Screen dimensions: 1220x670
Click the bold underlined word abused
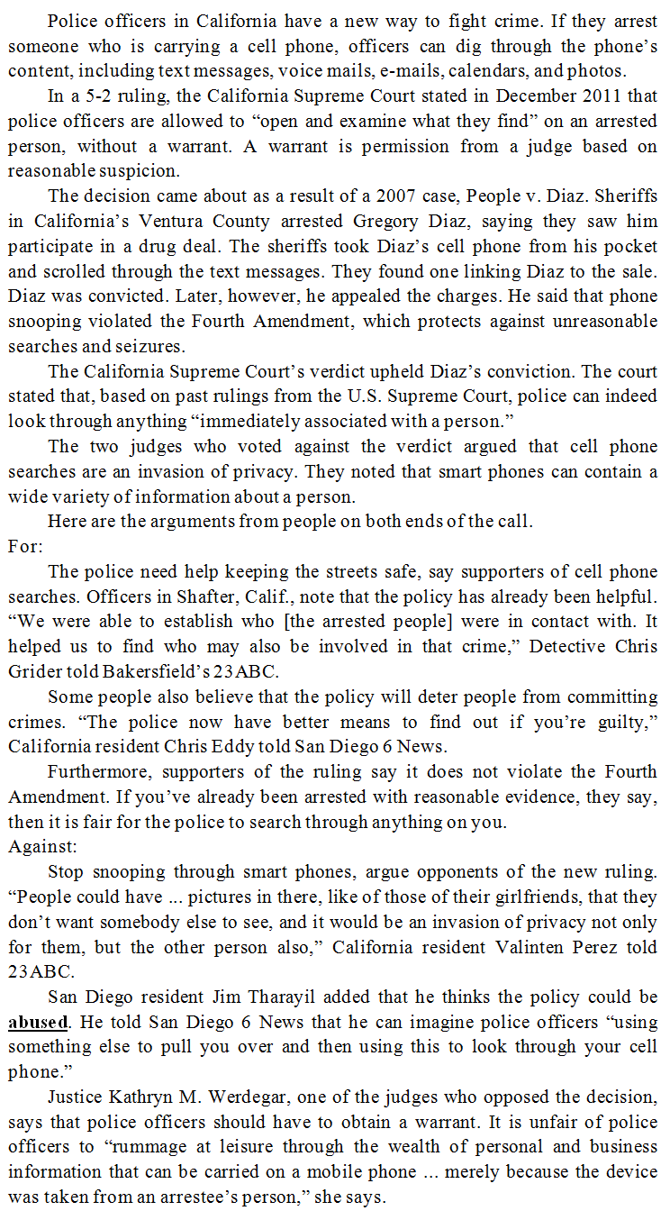pyautogui.click(x=38, y=1023)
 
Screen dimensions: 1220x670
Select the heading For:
pyautogui.click(x=25, y=546)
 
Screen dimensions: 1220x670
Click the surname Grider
pyautogui.click(x=34, y=671)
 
